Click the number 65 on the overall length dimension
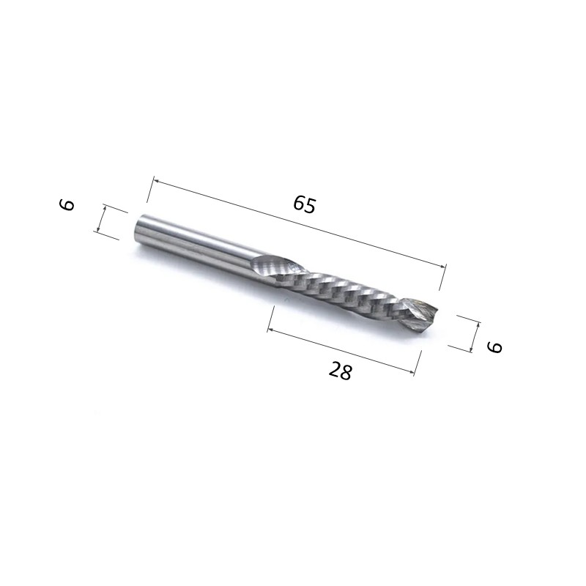click(x=305, y=205)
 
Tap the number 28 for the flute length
click(x=340, y=371)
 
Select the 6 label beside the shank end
click(x=67, y=205)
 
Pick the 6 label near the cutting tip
click(x=494, y=346)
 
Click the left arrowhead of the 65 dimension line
click(x=157, y=182)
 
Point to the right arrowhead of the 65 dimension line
click(x=442, y=266)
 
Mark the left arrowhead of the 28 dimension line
click(x=271, y=330)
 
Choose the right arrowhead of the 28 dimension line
click(x=411, y=371)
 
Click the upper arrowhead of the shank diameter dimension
click(x=105, y=209)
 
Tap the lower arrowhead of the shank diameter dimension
click(x=98, y=228)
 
